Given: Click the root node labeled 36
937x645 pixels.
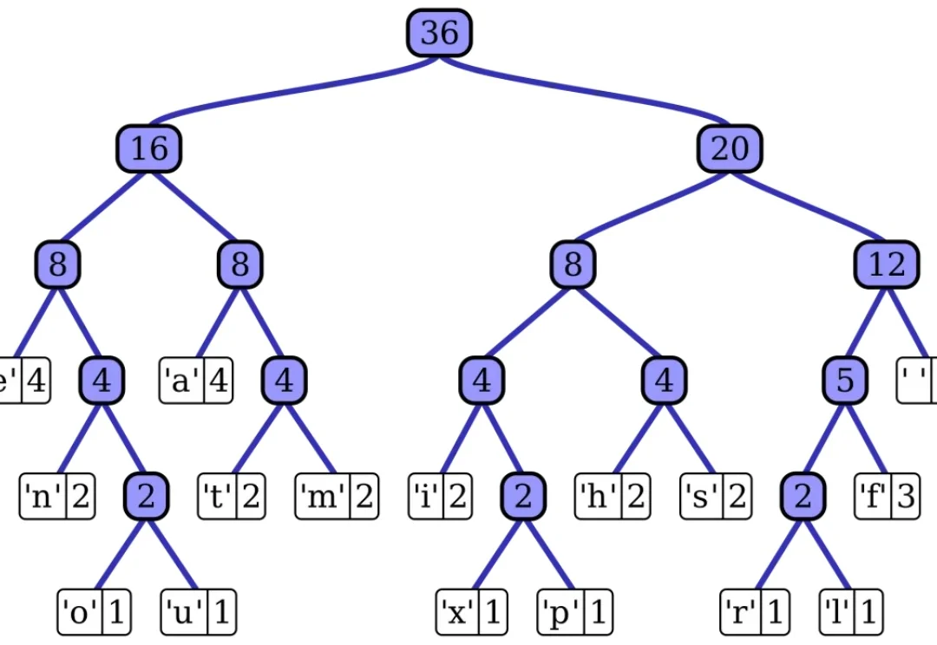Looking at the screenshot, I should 439,33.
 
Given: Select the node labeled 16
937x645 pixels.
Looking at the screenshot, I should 148,148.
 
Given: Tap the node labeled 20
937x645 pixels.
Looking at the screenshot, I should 729,148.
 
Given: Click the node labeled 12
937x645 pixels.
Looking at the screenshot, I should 886,264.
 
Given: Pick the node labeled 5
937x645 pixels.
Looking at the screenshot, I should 845,381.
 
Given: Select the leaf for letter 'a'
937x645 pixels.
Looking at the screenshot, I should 196,381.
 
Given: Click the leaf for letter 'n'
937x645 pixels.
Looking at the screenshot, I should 57,498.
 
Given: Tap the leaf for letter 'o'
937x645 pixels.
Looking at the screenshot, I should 94,613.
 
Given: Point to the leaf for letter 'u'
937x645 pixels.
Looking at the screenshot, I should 199,613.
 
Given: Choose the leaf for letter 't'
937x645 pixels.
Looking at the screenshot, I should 230,498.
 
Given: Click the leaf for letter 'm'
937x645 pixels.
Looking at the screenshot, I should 337,498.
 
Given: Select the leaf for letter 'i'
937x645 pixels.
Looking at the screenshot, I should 440,498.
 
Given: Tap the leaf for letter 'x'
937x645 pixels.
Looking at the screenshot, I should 469,613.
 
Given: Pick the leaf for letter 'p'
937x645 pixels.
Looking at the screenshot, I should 574,613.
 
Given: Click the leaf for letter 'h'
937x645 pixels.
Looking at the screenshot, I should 613,498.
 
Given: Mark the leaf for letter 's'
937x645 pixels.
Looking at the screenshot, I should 717,498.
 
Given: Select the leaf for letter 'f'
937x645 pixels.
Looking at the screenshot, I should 886,498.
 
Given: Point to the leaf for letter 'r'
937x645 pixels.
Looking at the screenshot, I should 754,613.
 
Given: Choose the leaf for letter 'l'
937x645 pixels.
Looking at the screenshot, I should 851,613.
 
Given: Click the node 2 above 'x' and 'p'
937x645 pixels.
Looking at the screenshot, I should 523,497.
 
